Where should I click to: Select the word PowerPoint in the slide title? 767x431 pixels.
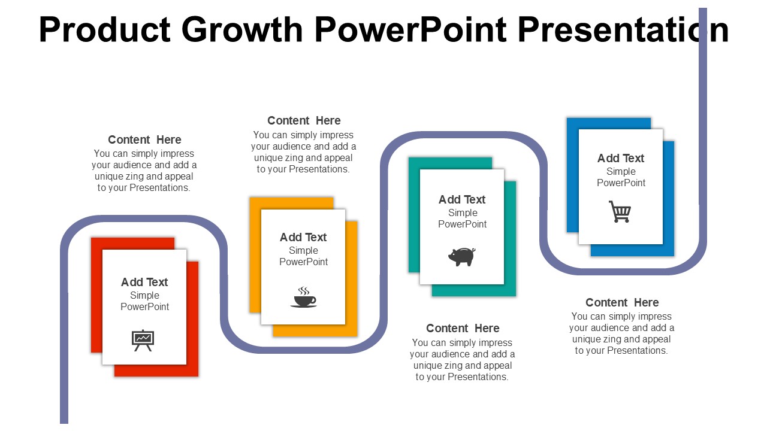pos(410,30)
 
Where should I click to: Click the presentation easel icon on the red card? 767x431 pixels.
pos(143,339)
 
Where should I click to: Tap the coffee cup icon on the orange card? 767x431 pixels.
pos(303,298)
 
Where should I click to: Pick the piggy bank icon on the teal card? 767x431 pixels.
pos(461,256)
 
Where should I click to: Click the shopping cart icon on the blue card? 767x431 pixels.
pos(620,212)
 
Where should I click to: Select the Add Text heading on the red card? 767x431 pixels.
pos(144,282)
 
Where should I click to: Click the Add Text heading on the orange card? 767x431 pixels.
pos(303,237)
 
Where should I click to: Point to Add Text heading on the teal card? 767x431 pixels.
pos(462,199)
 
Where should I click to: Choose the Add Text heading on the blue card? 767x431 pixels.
pos(621,158)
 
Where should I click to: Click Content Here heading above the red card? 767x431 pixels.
pos(144,139)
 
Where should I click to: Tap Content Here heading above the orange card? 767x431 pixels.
pos(304,120)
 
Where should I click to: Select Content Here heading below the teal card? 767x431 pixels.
pos(463,328)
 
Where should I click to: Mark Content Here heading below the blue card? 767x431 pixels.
pos(622,302)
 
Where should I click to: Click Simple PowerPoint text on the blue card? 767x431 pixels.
pos(621,177)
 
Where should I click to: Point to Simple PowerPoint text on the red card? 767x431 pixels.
pos(144,301)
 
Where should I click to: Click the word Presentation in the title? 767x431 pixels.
pos(623,30)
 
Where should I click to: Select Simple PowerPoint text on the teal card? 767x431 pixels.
pos(462,218)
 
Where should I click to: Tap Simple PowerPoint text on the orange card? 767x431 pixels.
pos(303,256)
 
